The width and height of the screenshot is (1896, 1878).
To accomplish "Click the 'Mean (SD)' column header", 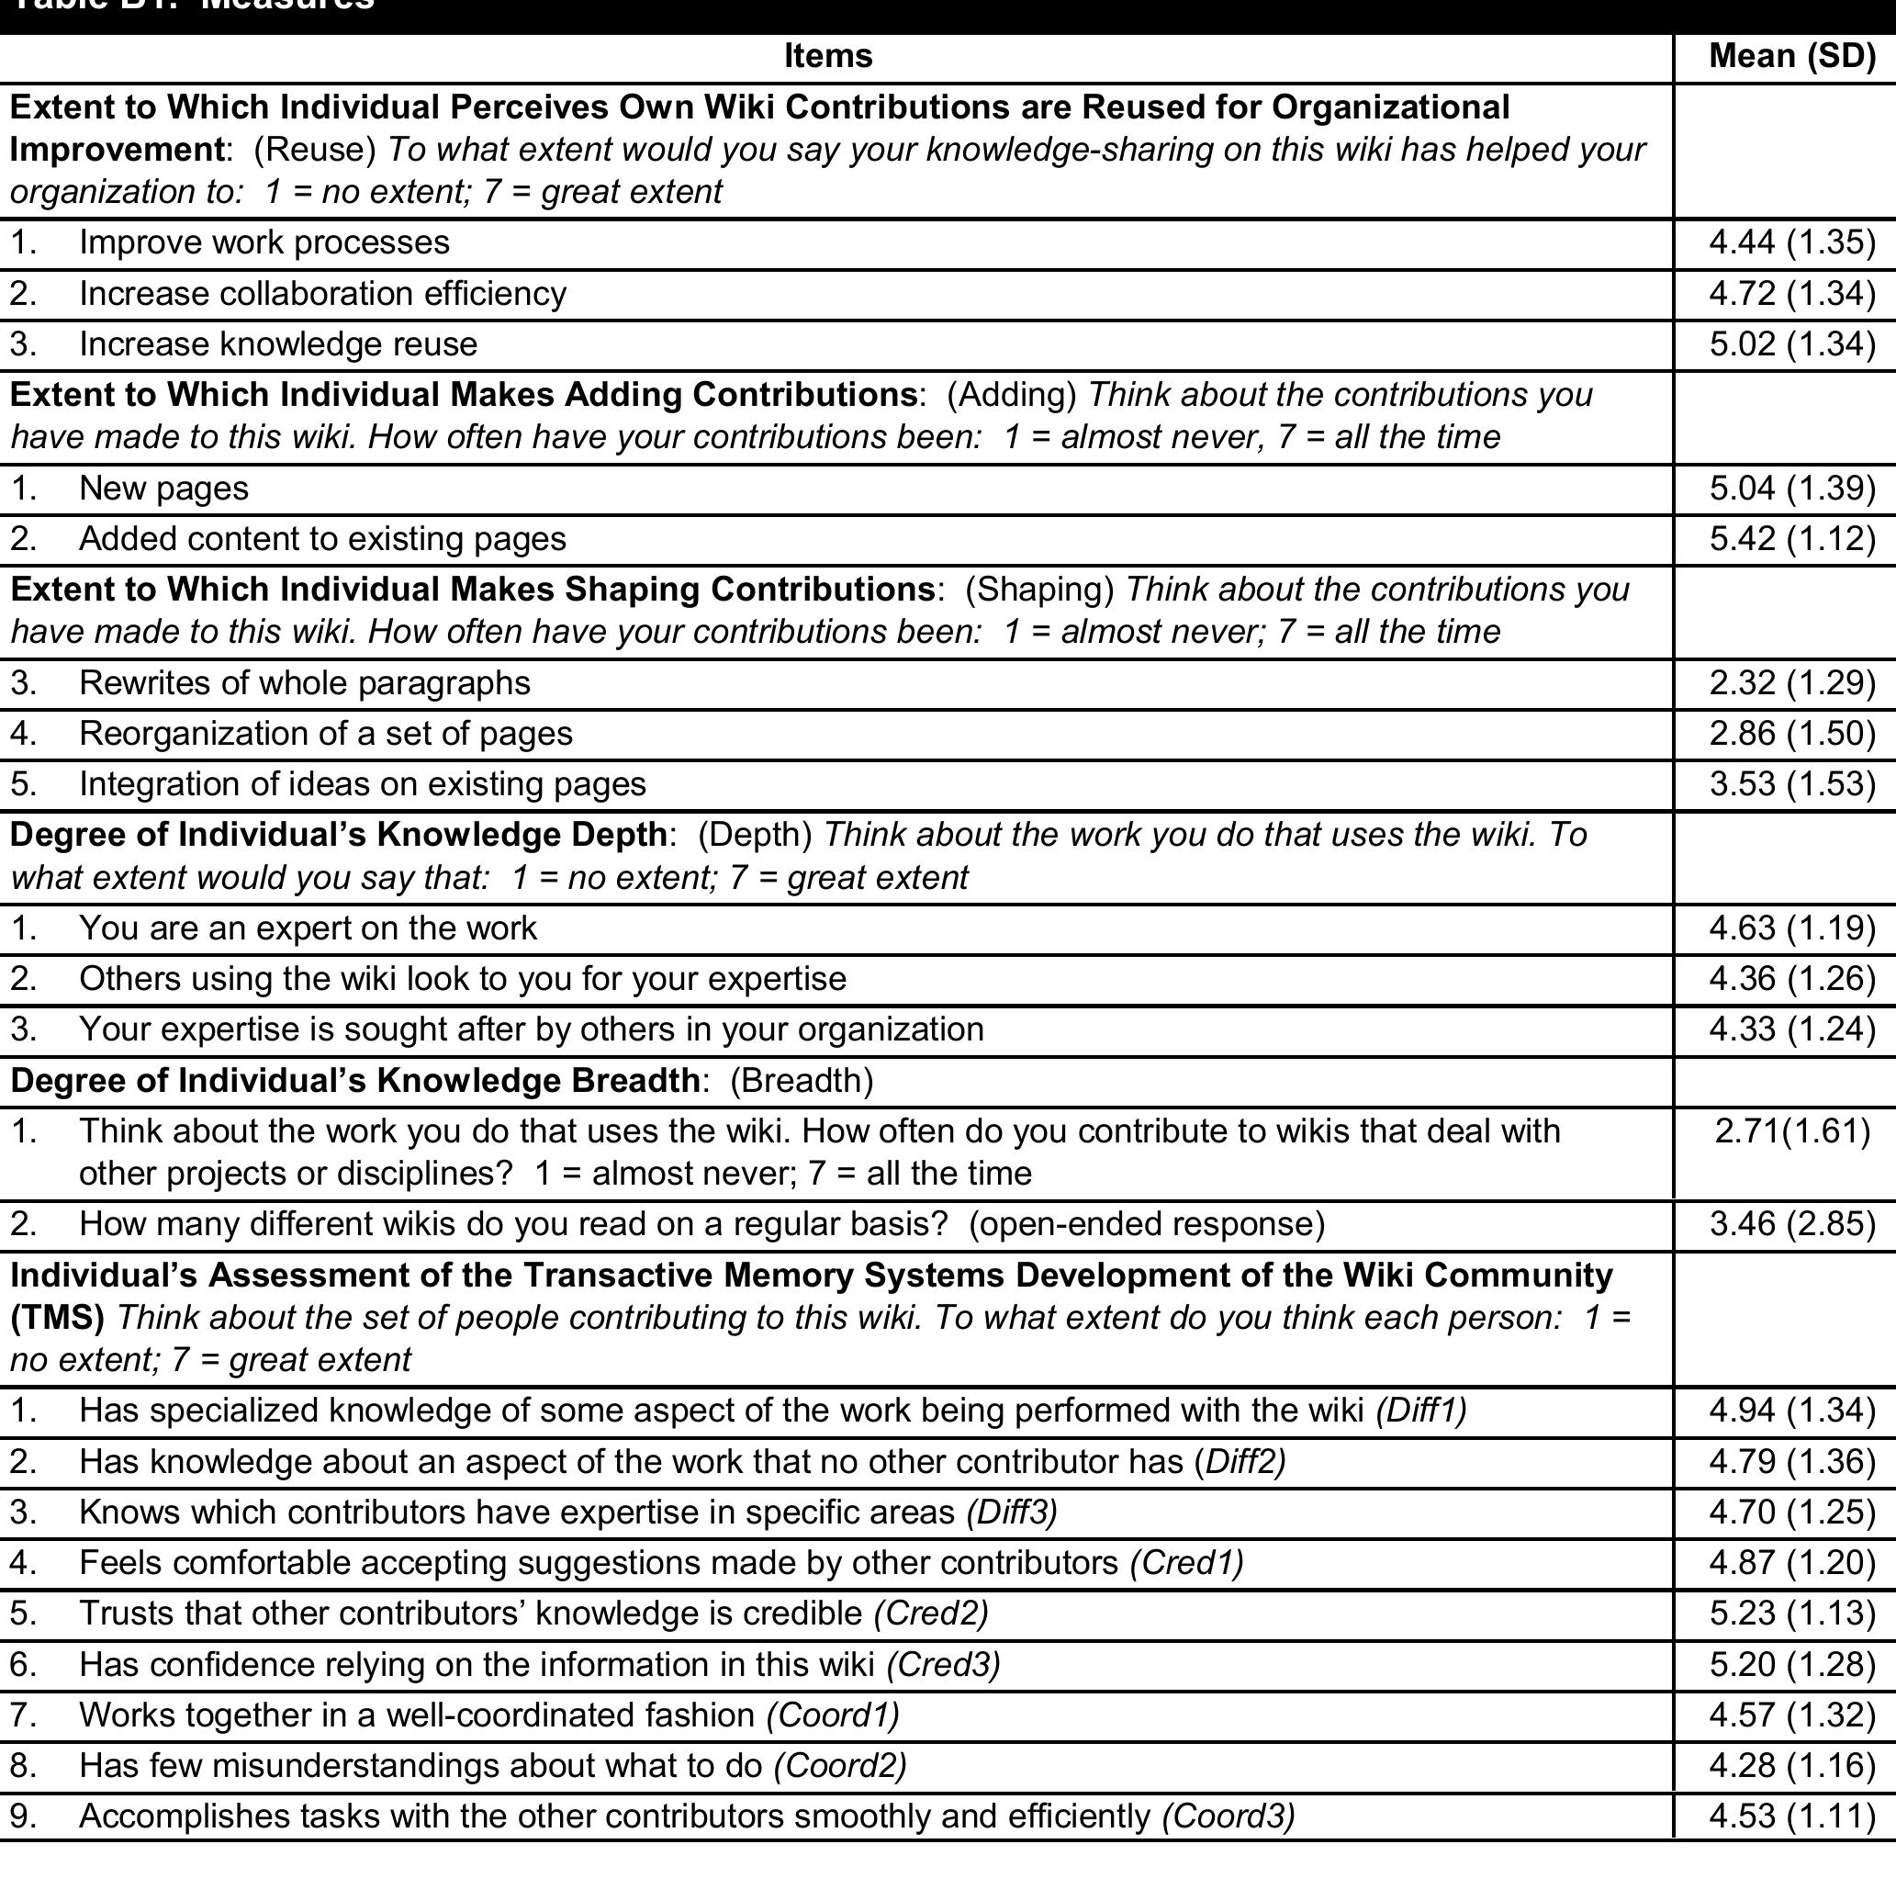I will point(1792,56).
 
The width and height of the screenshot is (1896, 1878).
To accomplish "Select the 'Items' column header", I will point(827,56).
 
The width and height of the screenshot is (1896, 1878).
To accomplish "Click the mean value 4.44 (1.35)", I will point(1792,242).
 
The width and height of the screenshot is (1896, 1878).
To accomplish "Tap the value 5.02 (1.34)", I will point(1792,344).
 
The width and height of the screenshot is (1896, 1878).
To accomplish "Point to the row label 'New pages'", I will point(163,489).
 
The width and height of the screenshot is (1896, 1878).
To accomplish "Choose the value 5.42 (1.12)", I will point(1792,539).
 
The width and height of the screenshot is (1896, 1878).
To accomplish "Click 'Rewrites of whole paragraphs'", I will point(304,683).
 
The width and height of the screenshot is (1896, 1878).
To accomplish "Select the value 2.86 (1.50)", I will point(1792,735).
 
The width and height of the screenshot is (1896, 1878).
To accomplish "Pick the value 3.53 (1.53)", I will point(1792,784).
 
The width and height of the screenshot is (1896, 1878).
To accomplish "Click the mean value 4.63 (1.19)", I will point(1792,928).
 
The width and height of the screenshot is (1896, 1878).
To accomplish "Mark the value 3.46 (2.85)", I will point(1792,1224).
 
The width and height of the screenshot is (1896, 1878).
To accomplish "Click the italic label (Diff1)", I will point(1421,1411).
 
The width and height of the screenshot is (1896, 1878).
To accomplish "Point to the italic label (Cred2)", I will point(930,1614).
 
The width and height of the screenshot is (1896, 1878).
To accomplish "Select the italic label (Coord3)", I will point(1228,1817).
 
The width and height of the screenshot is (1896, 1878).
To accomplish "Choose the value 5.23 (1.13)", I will point(1792,1614).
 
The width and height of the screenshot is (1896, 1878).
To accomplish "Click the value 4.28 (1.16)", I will point(1792,1766).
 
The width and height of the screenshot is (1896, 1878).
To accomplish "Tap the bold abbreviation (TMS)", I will point(57,1318).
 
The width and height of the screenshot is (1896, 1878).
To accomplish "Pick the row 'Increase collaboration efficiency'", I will point(322,295).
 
